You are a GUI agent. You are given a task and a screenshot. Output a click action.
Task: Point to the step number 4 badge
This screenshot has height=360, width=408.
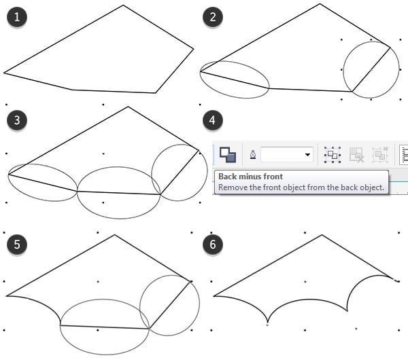pos(212,121)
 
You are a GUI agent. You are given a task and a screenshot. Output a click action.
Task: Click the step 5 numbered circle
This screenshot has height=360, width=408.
pos(16,242)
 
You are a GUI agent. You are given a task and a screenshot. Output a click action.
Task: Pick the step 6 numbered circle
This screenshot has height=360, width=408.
pos(212,242)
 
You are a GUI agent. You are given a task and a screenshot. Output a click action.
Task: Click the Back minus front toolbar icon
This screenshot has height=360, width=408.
pos(228,155)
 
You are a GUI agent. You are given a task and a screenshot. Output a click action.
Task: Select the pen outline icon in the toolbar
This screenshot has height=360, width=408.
pos(253,155)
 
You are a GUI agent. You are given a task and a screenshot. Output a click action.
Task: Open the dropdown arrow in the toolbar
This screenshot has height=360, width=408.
pos(308,156)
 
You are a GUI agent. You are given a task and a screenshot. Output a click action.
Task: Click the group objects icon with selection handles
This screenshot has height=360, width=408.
pos(332,155)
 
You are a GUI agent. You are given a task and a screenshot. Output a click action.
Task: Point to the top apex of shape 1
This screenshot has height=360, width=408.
pos(123,6)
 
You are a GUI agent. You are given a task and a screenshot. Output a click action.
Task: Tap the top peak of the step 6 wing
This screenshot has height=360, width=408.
pos(322,236)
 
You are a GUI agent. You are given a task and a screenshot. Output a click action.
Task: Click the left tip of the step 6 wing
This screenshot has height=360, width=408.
pos(214,295)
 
